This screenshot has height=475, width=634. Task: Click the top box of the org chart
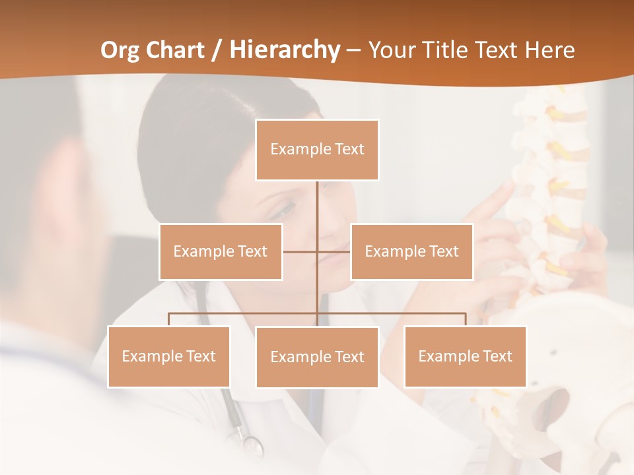317,150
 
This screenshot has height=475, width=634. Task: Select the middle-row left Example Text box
221,251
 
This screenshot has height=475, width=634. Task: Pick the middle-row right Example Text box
411,251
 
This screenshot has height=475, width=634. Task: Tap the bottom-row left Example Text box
169,356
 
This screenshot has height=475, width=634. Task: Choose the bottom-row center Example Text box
317,357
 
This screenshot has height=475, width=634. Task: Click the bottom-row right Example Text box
465,356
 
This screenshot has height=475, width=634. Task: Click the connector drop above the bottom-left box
169,319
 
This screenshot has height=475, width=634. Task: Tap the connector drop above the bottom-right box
466,319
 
